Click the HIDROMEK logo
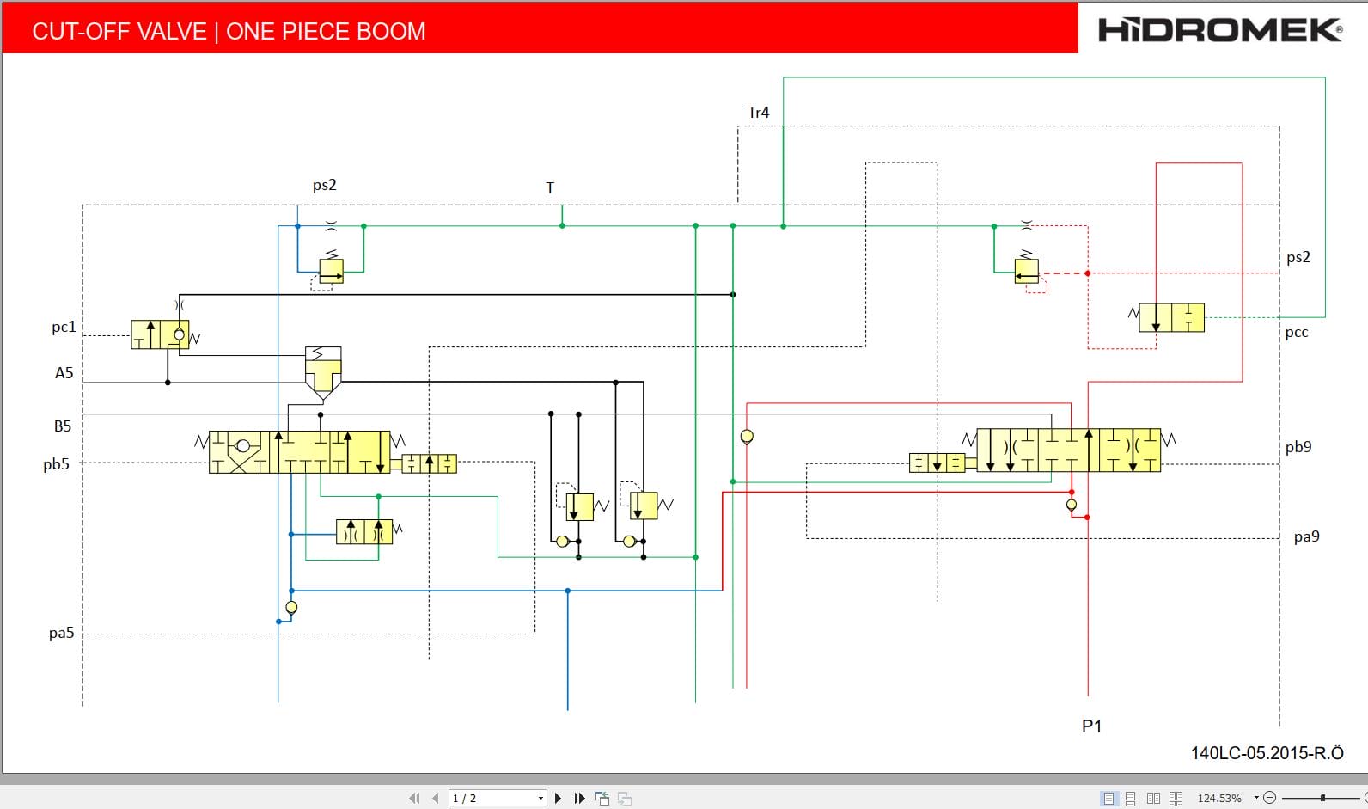tap(1220, 30)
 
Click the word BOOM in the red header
tap(390, 32)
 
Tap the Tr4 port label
tap(758, 113)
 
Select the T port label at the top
tap(550, 187)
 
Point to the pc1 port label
tap(64, 327)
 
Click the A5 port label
tap(64, 373)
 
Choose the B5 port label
tap(63, 426)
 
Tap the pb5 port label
tap(56, 464)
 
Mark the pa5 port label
tap(61, 634)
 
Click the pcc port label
tap(1297, 333)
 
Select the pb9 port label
tap(1298, 447)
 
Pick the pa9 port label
tap(1306, 536)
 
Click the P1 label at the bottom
tap(1091, 726)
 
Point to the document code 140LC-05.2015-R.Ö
tap(1267, 753)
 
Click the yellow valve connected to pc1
tap(160, 334)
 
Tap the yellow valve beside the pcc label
tap(1171, 318)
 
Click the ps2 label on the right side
tap(1298, 257)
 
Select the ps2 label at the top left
tap(324, 185)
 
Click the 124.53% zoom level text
tap(1218, 798)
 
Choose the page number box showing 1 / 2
tap(498, 798)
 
